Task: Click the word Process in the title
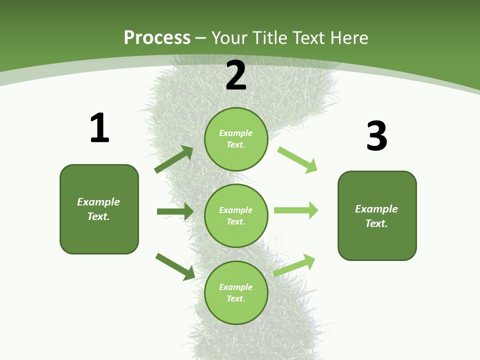(x=157, y=37)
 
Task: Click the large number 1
(x=99, y=128)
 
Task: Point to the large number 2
(x=236, y=75)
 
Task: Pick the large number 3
(x=376, y=136)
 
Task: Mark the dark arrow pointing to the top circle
(x=174, y=159)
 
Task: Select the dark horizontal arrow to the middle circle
(x=175, y=211)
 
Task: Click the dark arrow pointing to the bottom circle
(x=175, y=266)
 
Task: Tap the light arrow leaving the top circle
(x=297, y=160)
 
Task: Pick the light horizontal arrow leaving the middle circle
(x=296, y=210)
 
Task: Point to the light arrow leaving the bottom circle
(x=294, y=265)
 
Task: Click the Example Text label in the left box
(x=98, y=209)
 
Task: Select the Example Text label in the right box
(x=376, y=216)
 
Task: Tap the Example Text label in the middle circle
(x=236, y=215)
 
